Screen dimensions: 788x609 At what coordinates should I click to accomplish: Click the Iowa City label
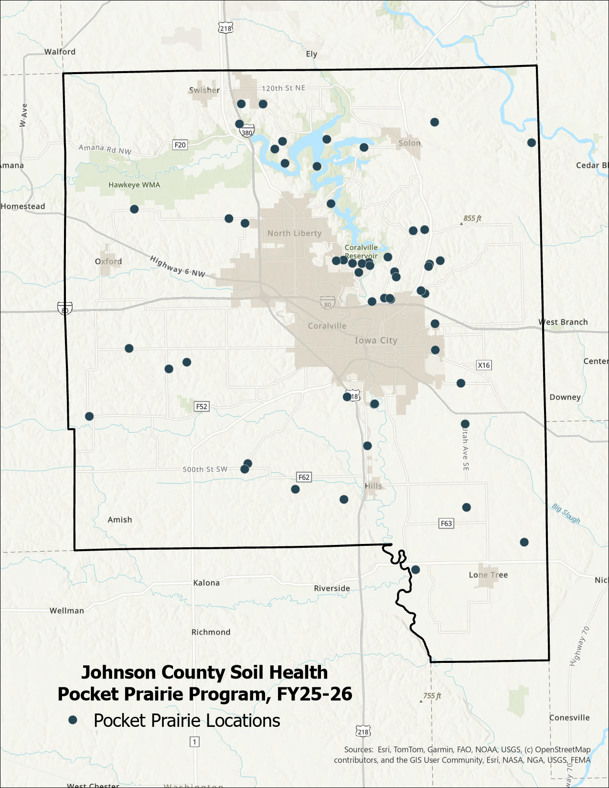click(x=376, y=341)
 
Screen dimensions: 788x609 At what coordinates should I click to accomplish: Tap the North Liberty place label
click(x=294, y=233)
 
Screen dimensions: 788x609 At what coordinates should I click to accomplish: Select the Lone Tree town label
click(x=488, y=575)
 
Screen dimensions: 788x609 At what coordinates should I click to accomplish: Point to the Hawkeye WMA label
click(x=134, y=185)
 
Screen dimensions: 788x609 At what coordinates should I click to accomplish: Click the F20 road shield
click(x=180, y=145)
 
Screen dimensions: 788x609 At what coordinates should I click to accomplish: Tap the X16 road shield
click(x=484, y=365)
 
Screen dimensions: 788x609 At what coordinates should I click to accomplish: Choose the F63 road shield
click(x=446, y=523)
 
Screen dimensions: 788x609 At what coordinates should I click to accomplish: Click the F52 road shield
click(x=202, y=406)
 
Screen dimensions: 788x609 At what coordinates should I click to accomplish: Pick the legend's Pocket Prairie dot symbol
click(x=73, y=720)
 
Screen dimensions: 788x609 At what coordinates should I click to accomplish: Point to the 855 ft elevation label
click(x=472, y=218)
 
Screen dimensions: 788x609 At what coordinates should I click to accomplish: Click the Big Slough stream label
click(x=566, y=513)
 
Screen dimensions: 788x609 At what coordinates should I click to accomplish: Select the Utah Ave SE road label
click(x=465, y=449)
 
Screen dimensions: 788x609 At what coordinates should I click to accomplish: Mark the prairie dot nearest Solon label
click(x=434, y=122)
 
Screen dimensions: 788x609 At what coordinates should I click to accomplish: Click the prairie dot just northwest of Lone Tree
click(x=416, y=569)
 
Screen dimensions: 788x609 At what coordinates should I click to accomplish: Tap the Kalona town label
click(x=206, y=583)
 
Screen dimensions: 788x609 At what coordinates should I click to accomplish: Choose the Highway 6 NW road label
click(x=177, y=266)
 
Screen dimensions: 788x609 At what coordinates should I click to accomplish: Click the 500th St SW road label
click(x=205, y=469)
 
